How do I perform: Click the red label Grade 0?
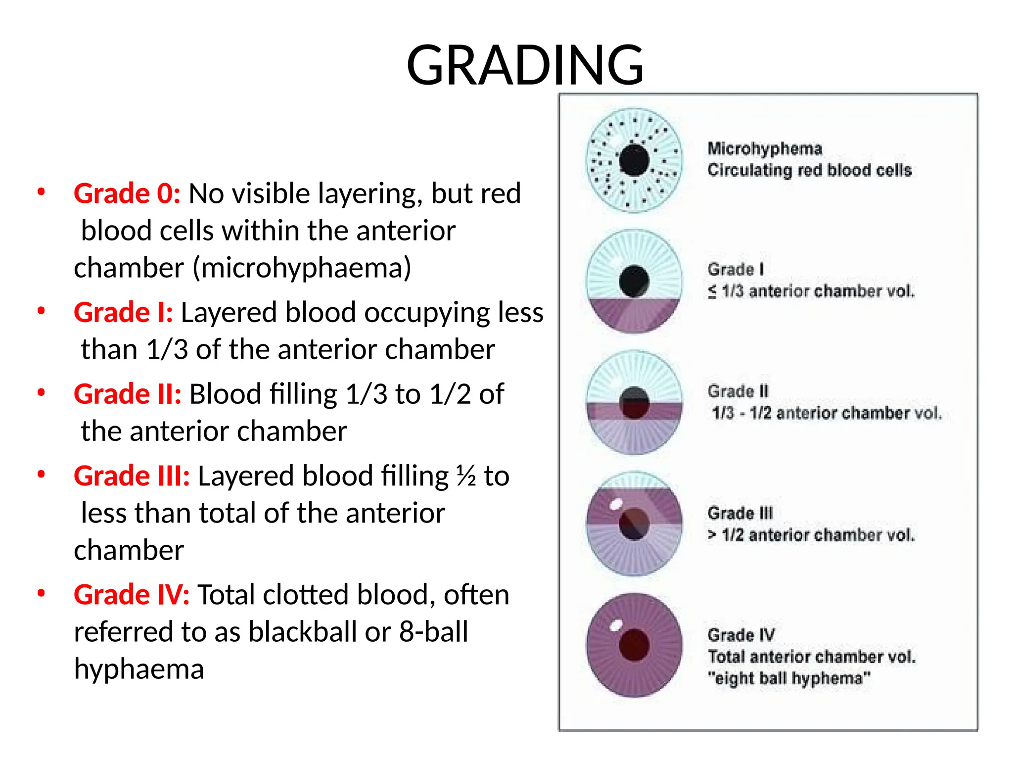coord(127,193)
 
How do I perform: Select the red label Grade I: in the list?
coord(123,312)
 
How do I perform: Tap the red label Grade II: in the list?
coord(127,394)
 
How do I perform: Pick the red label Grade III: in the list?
coord(132,475)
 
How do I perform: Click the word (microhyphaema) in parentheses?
coord(302,268)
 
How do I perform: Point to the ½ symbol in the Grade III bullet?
coord(465,476)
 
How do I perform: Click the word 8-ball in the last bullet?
coord(433,632)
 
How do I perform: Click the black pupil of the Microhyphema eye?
coord(634,161)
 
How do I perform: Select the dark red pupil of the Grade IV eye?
coord(634,645)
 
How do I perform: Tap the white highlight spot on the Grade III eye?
coord(616,505)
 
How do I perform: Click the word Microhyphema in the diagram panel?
coord(764,148)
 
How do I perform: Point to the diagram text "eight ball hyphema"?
coord(788,678)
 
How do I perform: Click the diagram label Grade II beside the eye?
coord(737,391)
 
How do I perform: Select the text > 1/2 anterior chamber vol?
coord(811,535)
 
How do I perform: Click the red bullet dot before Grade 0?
coord(42,192)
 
